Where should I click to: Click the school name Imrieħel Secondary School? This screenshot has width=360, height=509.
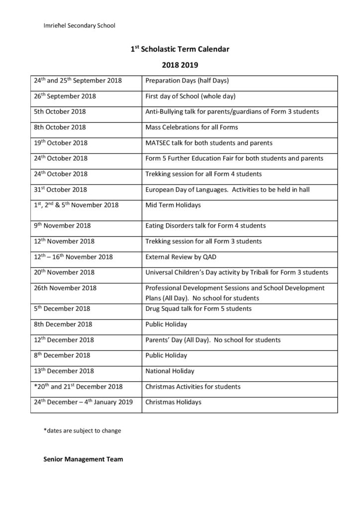[x=80, y=25]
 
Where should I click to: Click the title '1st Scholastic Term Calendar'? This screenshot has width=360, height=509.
[x=180, y=49]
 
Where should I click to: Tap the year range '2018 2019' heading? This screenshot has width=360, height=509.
[x=180, y=65]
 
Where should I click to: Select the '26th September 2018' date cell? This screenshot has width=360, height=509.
[x=65, y=96]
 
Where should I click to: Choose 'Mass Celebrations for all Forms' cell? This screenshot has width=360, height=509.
[x=191, y=127]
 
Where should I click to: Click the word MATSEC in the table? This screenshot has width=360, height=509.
[x=159, y=143]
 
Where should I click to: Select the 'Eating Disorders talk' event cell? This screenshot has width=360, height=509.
[x=205, y=226]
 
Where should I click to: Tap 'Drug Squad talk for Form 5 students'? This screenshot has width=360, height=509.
[x=198, y=309]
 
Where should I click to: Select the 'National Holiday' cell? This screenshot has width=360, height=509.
[x=170, y=371]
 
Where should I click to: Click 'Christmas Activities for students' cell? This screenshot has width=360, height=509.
[x=192, y=387]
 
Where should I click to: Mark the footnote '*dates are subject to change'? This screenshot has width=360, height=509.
[x=82, y=430]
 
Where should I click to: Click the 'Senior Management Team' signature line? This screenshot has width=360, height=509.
[x=83, y=459]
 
